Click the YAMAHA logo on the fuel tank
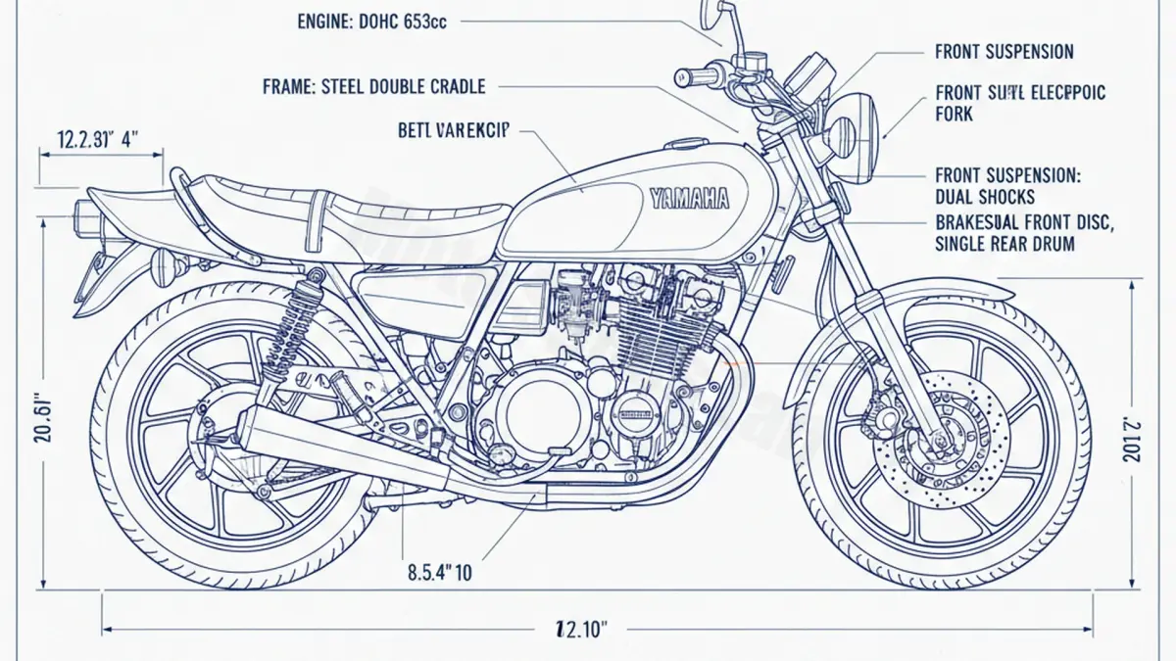[689, 198]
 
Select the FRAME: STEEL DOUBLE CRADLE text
[373, 87]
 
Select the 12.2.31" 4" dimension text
[97, 138]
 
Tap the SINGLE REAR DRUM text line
[1004, 244]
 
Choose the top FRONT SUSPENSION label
[1004, 52]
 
